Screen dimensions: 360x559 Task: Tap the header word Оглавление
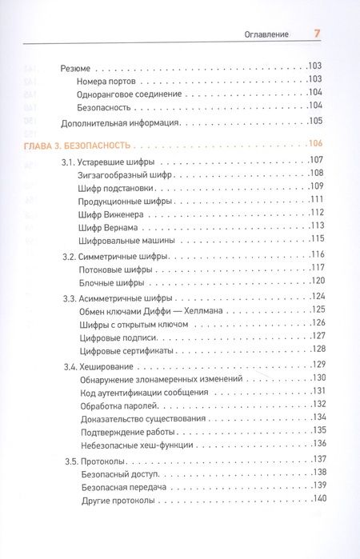269,34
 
